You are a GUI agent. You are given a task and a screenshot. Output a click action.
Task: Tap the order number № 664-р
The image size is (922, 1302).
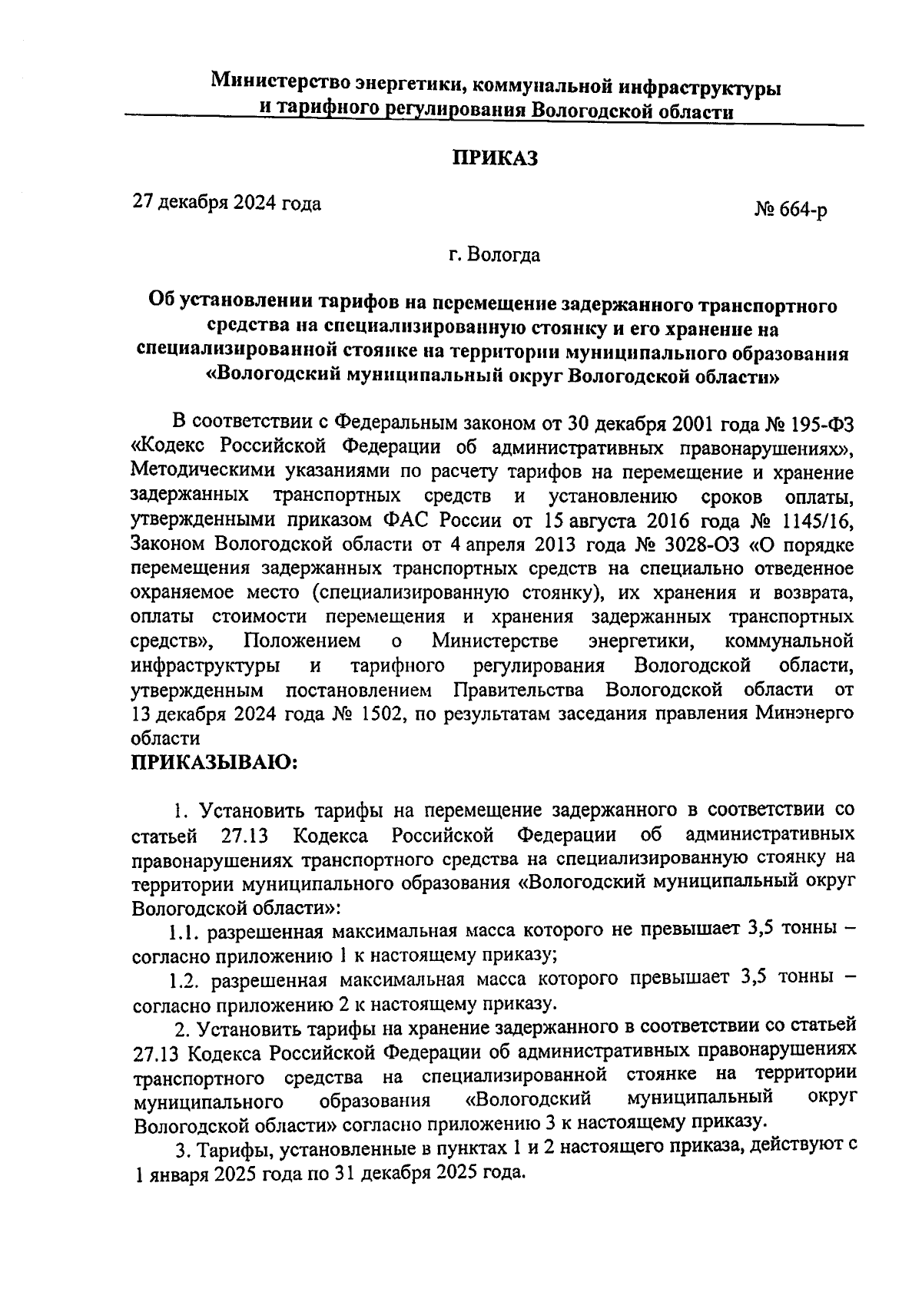(x=791, y=210)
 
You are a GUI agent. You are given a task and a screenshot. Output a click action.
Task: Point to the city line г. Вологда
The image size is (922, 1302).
(x=496, y=254)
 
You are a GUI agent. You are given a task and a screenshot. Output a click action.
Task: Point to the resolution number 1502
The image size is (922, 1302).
(x=380, y=714)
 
